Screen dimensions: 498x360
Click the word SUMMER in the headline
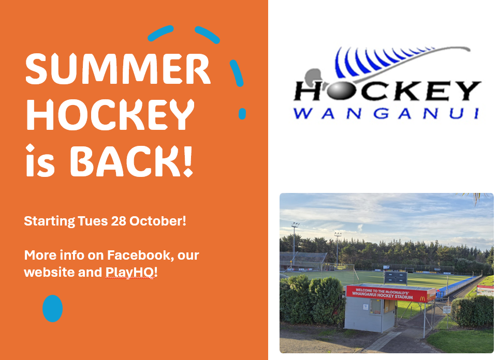pos(118,69)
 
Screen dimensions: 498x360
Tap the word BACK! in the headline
pos(131,161)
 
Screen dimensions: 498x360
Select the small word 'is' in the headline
pos(40,160)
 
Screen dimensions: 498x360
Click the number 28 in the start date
pos(119,221)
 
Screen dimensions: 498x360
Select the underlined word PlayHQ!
pos(131,273)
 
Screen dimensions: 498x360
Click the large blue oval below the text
pos(53,308)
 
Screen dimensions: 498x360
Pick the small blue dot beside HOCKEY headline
pos(242,114)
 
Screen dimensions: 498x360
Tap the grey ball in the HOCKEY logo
pos(339,91)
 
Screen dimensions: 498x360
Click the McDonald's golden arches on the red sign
pos(422,299)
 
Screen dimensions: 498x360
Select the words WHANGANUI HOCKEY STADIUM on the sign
pos(383,296)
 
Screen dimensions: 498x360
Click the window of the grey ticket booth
pos(375,306)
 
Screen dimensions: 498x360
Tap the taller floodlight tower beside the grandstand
pos(295,243)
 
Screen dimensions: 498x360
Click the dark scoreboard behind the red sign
pos(396,277)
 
